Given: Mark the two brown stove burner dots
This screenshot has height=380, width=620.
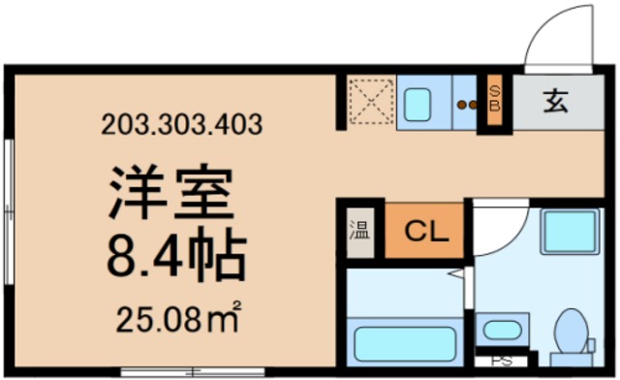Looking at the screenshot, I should tap(467, 104).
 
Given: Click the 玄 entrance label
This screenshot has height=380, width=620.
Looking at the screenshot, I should tap(554, 101).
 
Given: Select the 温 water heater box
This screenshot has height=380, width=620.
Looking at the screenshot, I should tap(358, 232).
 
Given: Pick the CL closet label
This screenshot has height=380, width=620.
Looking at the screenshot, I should tap(423, 231).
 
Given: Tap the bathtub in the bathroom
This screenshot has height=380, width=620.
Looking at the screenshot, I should tap(404, 342).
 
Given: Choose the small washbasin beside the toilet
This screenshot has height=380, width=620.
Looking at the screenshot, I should tap(503, 330).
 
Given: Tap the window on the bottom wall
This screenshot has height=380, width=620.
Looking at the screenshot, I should tap(194, 370).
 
